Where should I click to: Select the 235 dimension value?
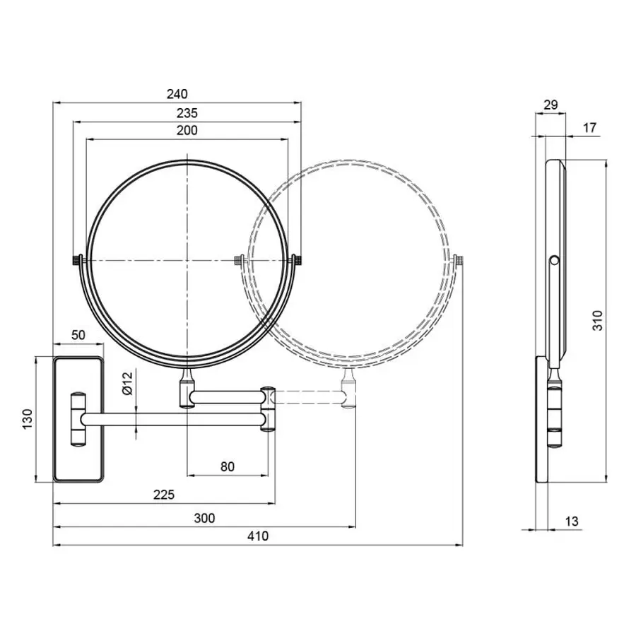tap(187, 112)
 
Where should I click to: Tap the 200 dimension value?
tap(187, 130)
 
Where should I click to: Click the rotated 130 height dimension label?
tap(27, 420)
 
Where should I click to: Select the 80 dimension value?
tap(227, 466)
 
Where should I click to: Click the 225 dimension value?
tap(164, 495)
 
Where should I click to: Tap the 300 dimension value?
tap(204, 518)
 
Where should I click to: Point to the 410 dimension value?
tap(258, 536)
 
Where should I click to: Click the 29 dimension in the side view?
tap(551, 105)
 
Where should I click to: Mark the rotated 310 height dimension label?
tap(598, 322)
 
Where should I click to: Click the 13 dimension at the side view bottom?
tap(572, 522)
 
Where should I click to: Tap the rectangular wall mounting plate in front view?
tap(78, 420)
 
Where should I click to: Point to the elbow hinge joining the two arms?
tap(269, 408)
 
